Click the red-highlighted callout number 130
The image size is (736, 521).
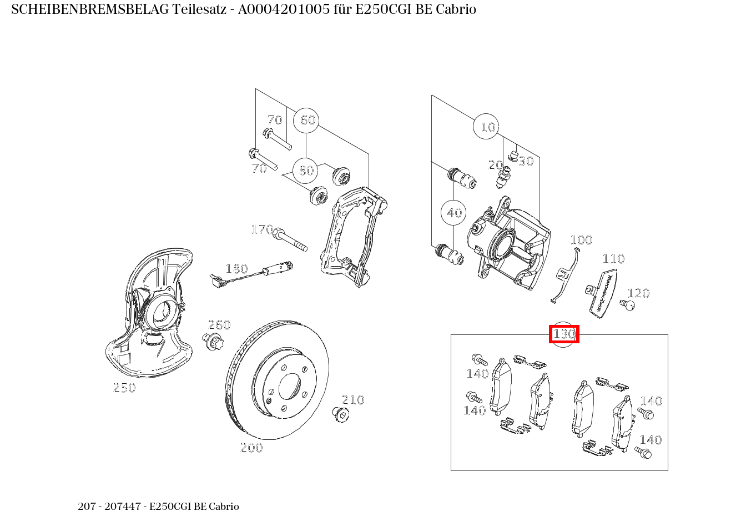coord(564,334)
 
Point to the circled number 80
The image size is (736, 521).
coord(306,171)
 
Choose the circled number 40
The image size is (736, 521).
coord(454,213)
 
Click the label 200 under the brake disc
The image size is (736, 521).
coord(251,448)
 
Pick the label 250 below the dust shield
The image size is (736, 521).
coord(124,388)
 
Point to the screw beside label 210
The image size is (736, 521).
coord(340,414)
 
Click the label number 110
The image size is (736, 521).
coord(613,259)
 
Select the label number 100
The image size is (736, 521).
coord(581,240)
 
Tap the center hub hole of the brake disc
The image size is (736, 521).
coord(289,386)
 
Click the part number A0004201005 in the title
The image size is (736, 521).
coord(280,9)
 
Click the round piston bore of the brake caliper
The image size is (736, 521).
coord(502,245)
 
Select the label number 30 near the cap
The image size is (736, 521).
coord(526,161)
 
